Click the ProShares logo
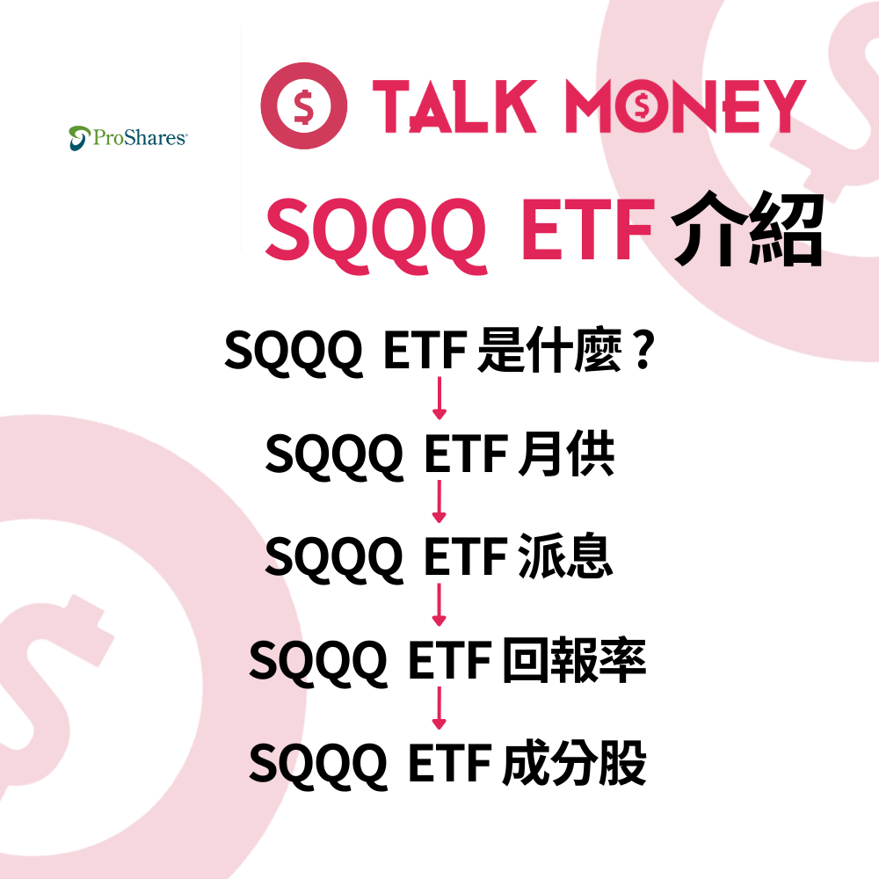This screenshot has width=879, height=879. pyautogui.click(x=127, y=137)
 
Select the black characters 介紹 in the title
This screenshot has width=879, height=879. pyautogui.click(x=747, y=230)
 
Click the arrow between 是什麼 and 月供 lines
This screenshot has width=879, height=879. pyautogui.click(x=439, y=401)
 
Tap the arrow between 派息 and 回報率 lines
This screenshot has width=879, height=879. pyautogui.click(x=439, y=607)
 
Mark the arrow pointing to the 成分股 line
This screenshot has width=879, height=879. pyautogui.click(x=439, y=709)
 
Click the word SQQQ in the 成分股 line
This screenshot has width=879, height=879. pyautogui.click(x=318, y=763)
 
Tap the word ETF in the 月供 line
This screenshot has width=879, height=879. pyautogui.click(x=465, y=456)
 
